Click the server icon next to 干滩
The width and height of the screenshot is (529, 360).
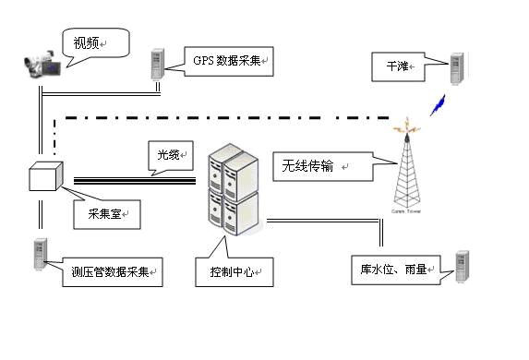coord(455,66)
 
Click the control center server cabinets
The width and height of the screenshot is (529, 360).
coord(231,189)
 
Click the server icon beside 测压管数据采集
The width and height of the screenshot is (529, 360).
coord(40,256)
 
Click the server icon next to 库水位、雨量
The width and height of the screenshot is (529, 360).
coord(461,267)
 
